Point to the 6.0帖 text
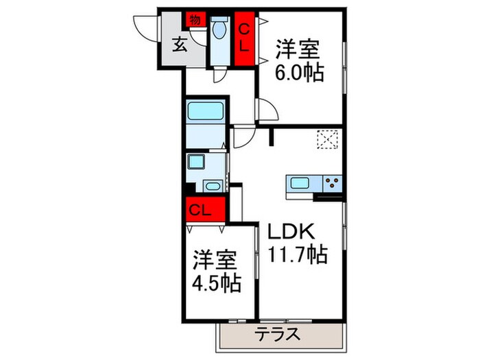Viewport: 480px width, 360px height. point(299,71)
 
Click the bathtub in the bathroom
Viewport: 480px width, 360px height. point(205,112)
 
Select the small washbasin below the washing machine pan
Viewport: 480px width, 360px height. point(212,185)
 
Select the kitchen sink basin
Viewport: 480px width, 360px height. point(300,184)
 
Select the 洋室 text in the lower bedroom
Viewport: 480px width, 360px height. point(215,261)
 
